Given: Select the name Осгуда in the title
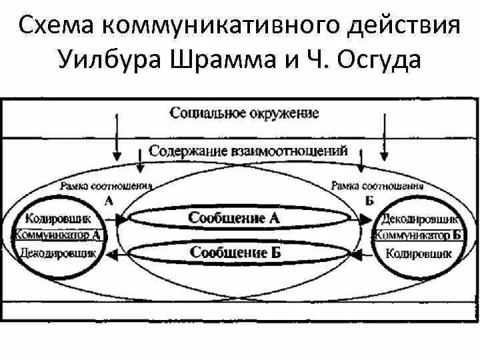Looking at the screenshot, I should [381, 61].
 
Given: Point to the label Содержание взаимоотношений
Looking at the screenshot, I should [248, 151].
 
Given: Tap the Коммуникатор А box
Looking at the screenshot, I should [58, 235].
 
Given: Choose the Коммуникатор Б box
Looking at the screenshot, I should [419, 235].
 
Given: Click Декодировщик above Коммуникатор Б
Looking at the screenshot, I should [419, 218].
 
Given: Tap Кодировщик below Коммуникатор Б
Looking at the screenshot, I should [419, 253].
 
